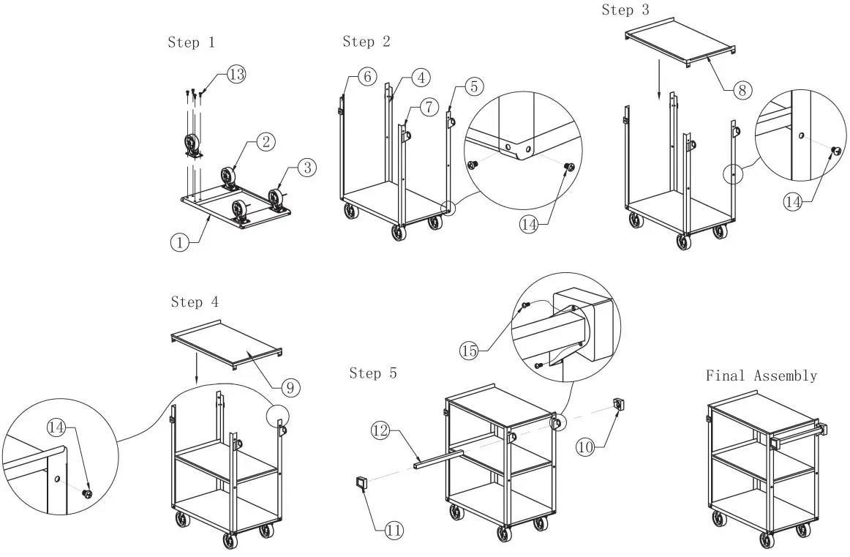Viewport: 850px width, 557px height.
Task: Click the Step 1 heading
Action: tap(191, 42)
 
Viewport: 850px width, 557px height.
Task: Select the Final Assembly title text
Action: tap(761, 375)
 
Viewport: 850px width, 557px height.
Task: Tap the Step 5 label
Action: tap(373, 373)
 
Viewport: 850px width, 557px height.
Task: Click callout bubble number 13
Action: tap(236, 75)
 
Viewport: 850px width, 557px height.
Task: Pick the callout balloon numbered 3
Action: tap(306, 168)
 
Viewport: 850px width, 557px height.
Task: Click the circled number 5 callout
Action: tap(473, 86)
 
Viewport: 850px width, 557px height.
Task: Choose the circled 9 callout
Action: tap(289, 385)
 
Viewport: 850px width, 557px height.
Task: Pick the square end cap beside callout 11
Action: tap(361, 482)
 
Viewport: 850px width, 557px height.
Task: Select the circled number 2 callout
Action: tap(266, 142)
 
